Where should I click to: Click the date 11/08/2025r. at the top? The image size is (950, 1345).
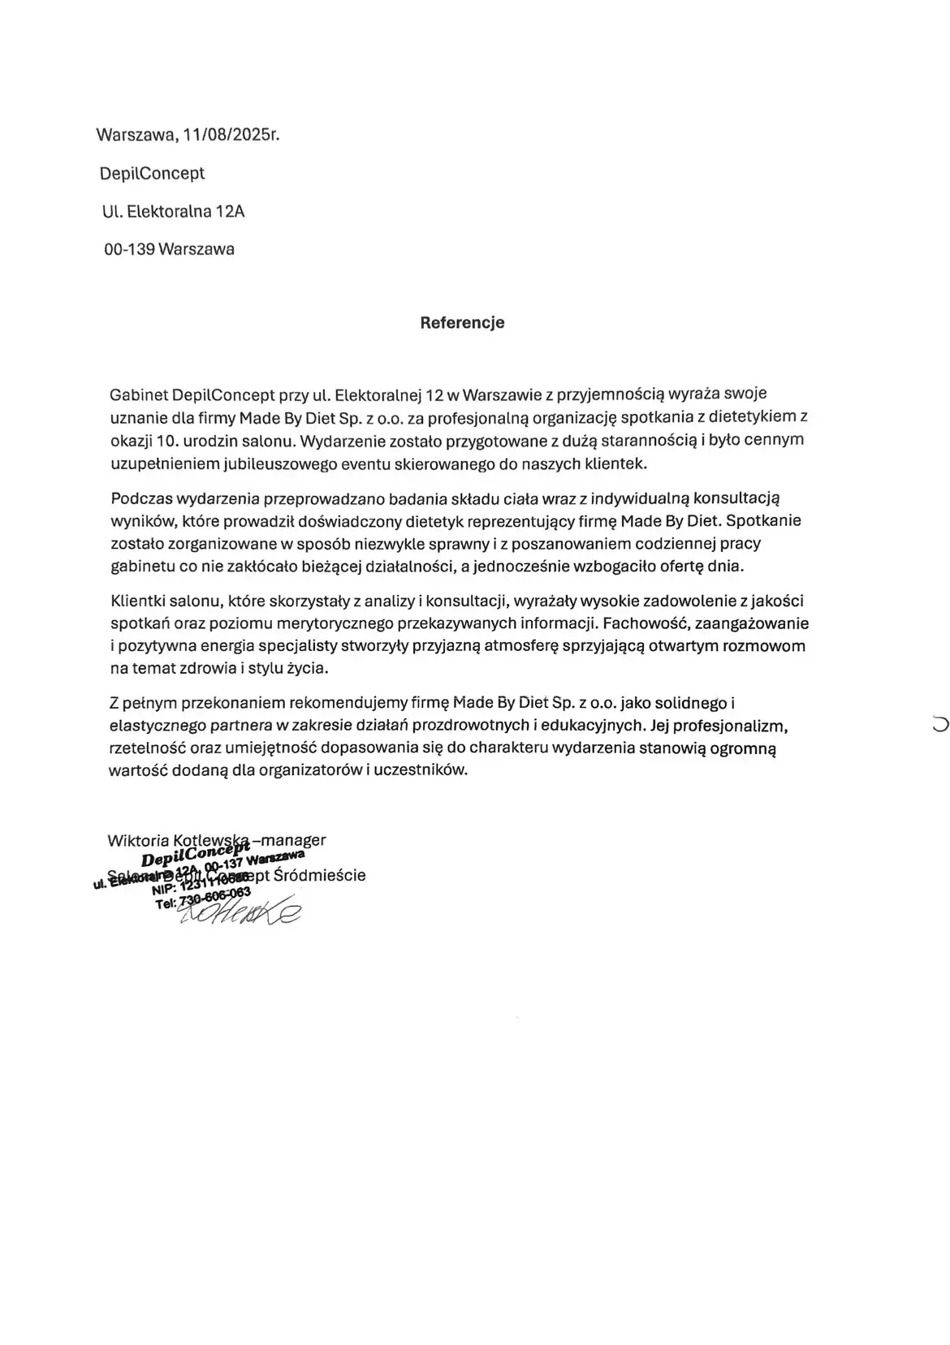click(231, 135)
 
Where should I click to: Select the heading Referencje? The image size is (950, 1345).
click(462, 322)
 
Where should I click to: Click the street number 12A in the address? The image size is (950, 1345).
click(230, 212)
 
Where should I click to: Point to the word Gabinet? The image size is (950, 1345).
click(139, 394)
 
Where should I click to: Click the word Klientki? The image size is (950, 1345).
click(136, 601)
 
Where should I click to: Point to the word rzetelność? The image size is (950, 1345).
click(145, 748)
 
